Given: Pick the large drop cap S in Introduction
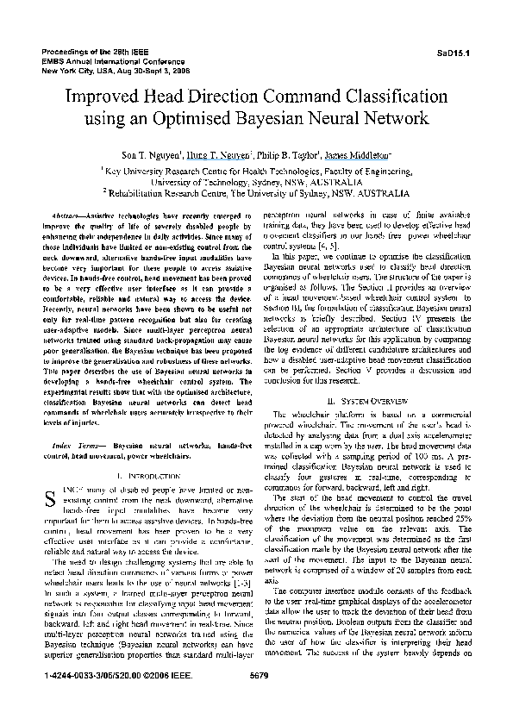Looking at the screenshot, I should [49, 496].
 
